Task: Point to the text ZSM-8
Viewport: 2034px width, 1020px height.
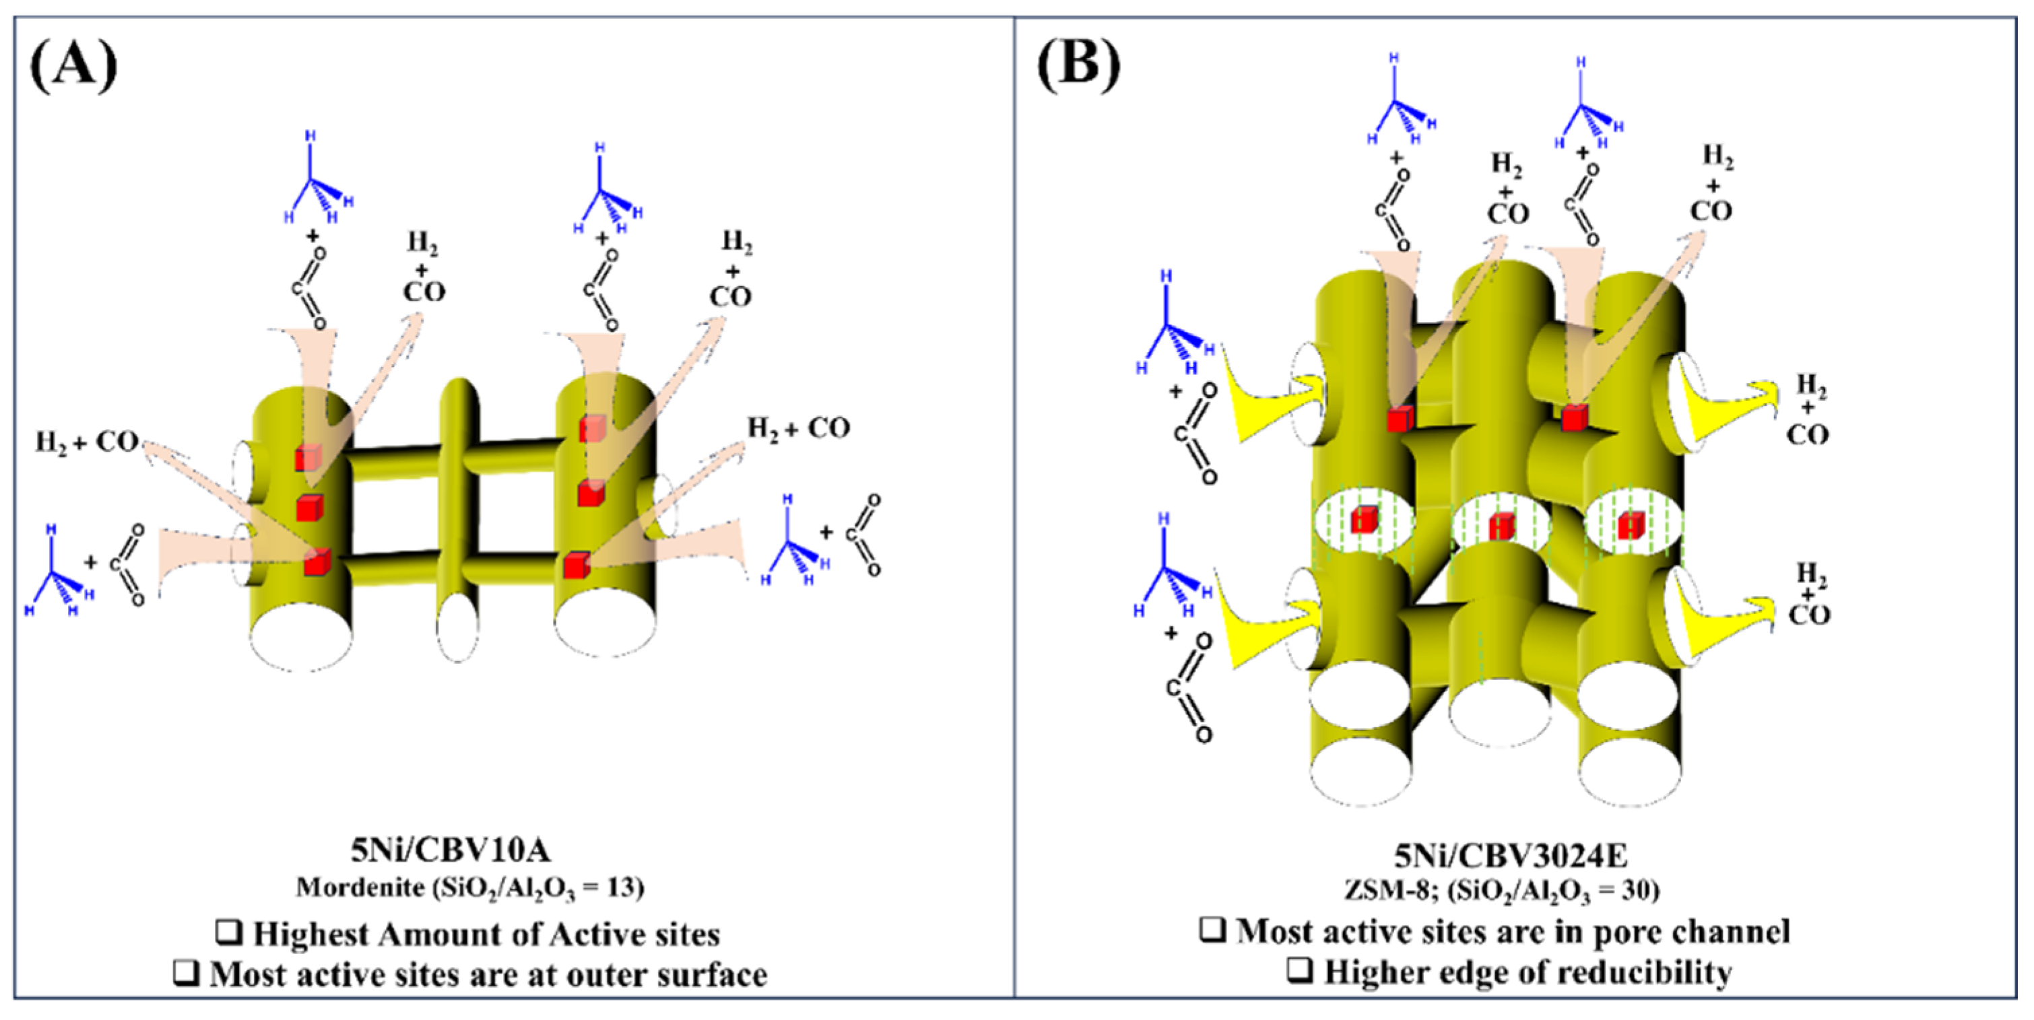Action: click(x=1378, y=890)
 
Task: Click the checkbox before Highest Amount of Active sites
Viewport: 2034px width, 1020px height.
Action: click(x=229, y=933)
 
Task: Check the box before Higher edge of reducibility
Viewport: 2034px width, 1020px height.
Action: click(x=1299, y=970)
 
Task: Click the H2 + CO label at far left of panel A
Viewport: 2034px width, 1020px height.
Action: click(x=87, y=443)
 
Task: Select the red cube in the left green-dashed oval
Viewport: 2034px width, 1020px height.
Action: click(x=1364, y=520)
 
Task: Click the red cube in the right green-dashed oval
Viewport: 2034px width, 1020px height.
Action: click(x=1631, y=525)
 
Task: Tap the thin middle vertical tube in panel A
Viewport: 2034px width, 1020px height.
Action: click(x=458, y=505)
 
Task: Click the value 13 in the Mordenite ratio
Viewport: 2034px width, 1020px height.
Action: click(x=620, y=888)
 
